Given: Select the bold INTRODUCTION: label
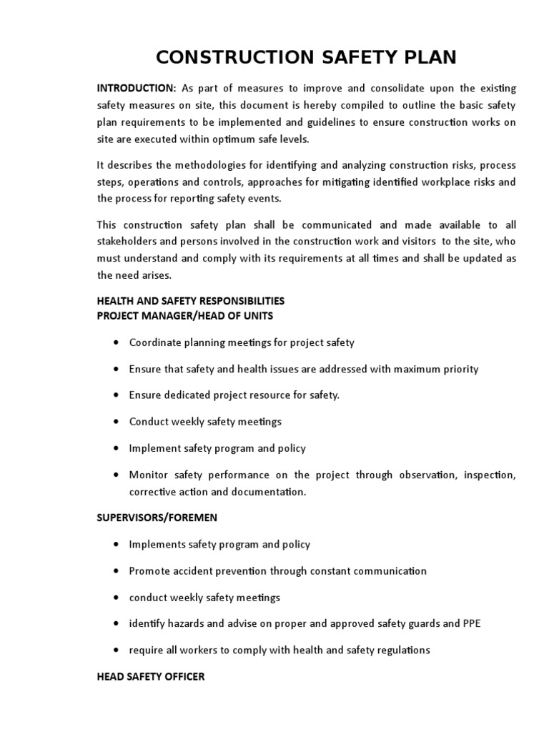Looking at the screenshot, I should [x=137, y=88].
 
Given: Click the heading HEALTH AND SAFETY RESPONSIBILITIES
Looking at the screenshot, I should [x=191, y=300].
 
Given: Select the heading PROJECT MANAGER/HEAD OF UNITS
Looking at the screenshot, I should [x=185, y=315].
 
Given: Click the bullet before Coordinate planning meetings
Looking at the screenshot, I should [x=116, y=342].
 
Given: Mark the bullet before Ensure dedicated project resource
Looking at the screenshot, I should [x=116, y=395].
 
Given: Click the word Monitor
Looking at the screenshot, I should [x=148, y=475].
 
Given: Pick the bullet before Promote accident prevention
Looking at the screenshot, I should [x=116, y=571].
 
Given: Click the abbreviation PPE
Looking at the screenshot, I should [x=471, y=624].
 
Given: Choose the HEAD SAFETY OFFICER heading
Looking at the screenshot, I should [x=151, y=676].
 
